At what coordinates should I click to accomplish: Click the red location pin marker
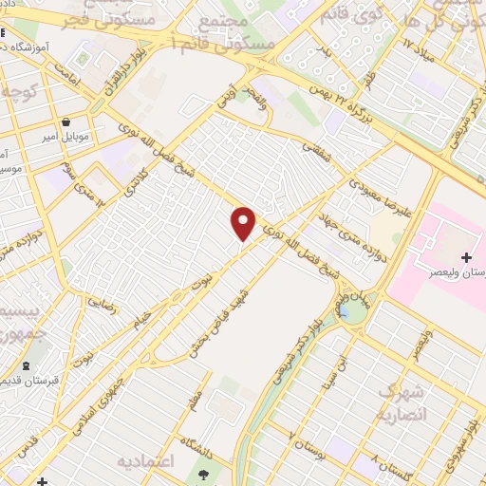244,223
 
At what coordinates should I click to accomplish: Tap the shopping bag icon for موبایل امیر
66,121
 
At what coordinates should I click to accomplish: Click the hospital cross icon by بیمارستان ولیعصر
466,257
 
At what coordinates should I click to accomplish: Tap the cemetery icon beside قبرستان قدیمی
26,367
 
